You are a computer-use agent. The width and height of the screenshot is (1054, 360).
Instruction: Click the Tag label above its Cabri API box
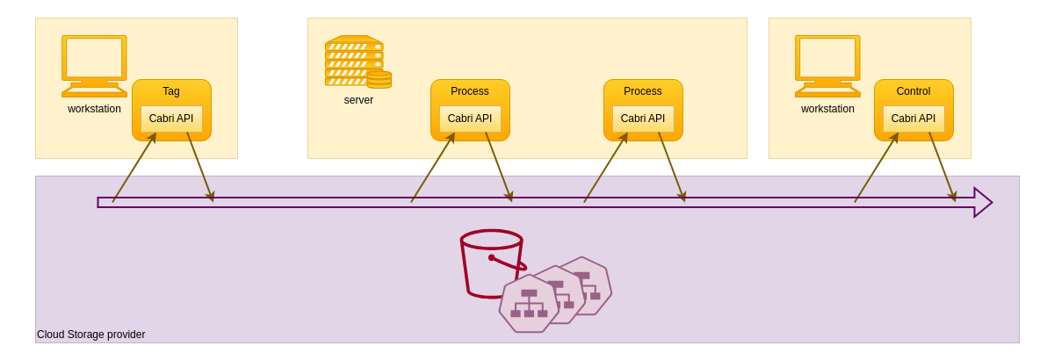(x=171, y=91)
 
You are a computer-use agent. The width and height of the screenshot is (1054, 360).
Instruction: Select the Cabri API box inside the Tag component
(x=171, y=119)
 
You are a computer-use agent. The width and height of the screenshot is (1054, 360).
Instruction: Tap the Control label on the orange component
(x=913, y=91)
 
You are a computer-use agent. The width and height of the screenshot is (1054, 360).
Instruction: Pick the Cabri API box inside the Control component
(x=913, y=119)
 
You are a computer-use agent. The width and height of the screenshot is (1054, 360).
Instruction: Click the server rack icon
(x=353, y=61)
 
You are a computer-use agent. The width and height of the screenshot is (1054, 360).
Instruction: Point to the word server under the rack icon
(x=358, y=100)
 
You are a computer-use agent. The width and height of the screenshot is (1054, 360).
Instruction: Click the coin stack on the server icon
(x=379, y=80)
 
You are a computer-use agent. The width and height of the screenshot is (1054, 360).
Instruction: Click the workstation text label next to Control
(x=827, y=109)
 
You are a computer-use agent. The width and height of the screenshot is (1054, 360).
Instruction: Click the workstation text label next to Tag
(x=94, y=109)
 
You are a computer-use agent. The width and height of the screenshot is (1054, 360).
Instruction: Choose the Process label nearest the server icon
(x=470, y=91)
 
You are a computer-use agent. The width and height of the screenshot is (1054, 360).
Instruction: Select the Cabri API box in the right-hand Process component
(x=643, y=119)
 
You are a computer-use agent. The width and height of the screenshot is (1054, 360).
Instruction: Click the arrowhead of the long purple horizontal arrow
(x=983, y=202)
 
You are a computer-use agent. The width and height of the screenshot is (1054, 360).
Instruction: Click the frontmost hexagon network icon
(x=529, y=304)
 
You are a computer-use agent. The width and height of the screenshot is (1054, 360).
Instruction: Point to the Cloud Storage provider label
(x=91, y=335)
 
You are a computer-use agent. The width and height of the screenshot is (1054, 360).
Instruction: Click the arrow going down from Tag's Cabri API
(x=199, y=166)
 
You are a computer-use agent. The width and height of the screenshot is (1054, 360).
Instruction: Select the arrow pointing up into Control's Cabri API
(x=876, y=167)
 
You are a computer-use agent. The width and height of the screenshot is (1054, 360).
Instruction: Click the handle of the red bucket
(x=509, y=263)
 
